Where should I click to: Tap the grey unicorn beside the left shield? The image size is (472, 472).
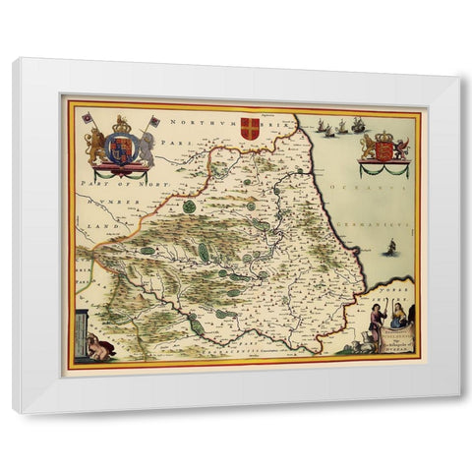point(145,147)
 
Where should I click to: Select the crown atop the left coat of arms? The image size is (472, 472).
point(122,124)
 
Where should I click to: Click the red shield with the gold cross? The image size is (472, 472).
point(251,127)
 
